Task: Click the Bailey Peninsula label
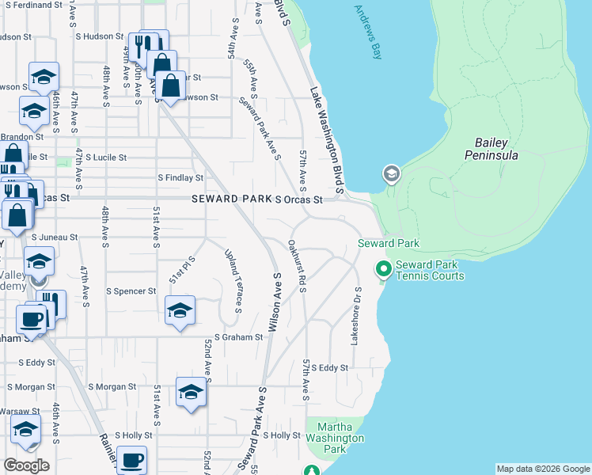pos(496,149)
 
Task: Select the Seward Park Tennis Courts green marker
pos(384,270)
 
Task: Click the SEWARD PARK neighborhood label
pos(230,200)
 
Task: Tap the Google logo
pos(26,465)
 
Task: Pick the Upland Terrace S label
pos(233,278)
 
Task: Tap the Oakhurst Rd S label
pos(297,265)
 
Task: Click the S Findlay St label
pos(180,178)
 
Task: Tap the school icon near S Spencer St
pos(180,309)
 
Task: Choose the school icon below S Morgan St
pos(190,393)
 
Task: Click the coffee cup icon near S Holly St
pos(131,458)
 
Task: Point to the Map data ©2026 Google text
pos(543,469)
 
